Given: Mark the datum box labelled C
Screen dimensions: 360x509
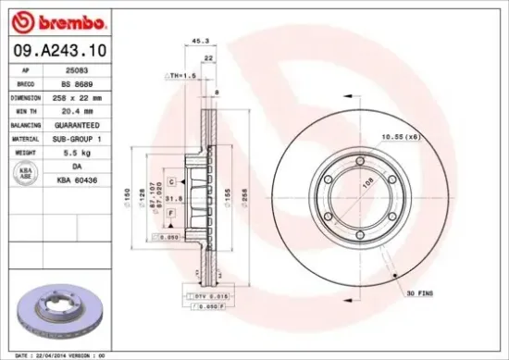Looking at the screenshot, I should tap(172, 181).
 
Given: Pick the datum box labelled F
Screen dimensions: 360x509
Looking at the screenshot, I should tap(172, 214).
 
